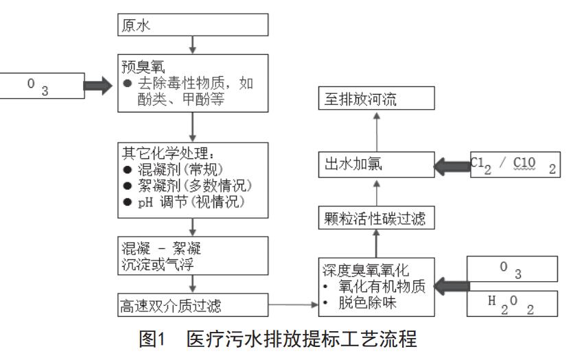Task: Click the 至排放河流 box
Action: tap(378, 100)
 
